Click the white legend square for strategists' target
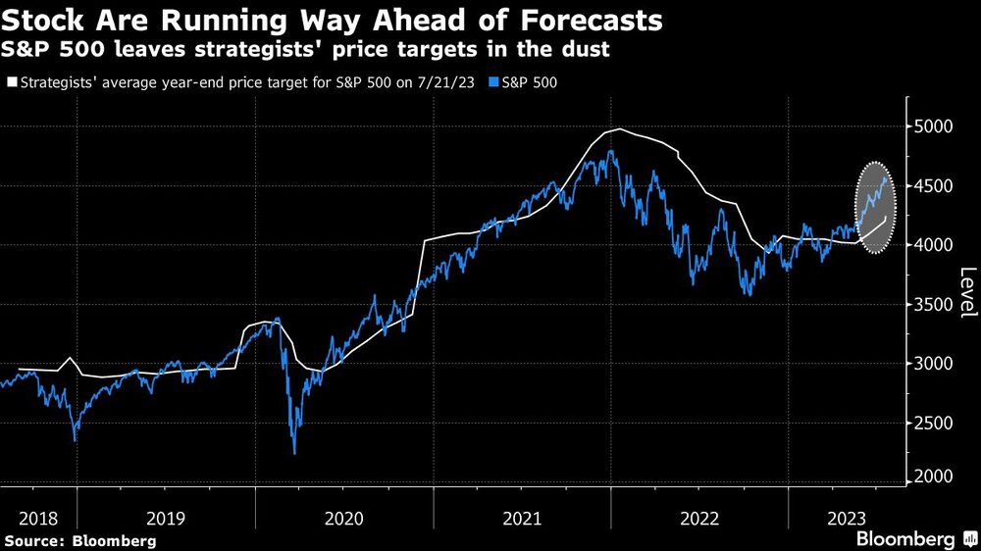click(x=11, y=82)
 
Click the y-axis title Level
click(x=967, y=291)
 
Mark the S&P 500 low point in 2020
click(x=294, y=453)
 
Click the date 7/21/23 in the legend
click(x=445, y=82)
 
